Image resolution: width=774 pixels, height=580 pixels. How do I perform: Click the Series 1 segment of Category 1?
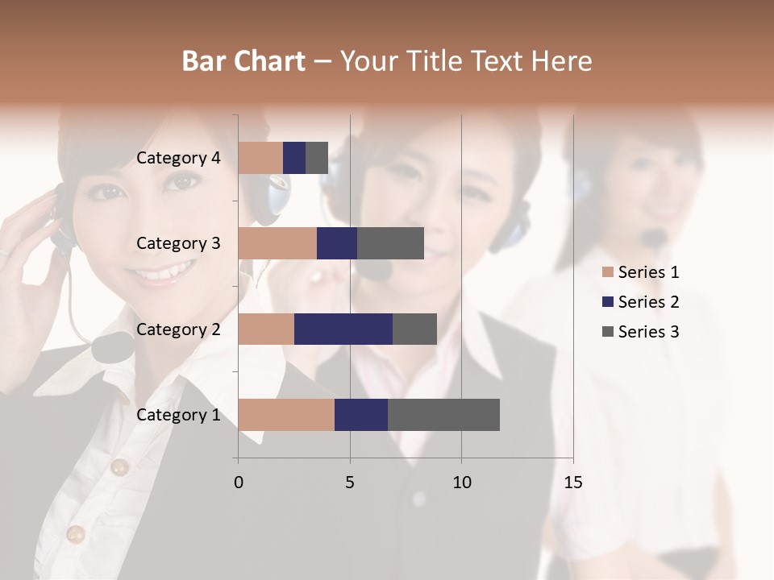(286, 415)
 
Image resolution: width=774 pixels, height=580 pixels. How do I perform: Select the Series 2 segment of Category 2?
(343, 329)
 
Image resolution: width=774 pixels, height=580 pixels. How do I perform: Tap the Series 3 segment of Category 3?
(390, 243)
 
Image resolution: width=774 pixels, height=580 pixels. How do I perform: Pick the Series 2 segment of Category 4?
(294, 158)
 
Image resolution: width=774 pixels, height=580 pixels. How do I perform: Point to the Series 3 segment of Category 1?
(443, 415)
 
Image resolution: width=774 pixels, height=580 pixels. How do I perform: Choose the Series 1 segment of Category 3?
(277, 243)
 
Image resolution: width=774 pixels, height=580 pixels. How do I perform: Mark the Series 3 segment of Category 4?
(317, 158)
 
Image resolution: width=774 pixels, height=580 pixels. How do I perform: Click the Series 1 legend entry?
(648, 272)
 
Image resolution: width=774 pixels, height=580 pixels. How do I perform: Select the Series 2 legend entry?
(648, 302)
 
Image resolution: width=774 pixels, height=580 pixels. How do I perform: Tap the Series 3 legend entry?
(648, 332)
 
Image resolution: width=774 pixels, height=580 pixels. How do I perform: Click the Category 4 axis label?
(178, 158)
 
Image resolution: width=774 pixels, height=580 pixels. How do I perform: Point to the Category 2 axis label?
(178, 329)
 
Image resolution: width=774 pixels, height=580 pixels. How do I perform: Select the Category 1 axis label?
(178, 415)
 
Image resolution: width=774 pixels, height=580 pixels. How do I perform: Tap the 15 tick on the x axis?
(572, 483)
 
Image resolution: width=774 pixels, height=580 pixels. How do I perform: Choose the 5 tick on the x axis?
(350, 483)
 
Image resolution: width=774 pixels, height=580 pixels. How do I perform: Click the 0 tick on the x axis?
(239, 483)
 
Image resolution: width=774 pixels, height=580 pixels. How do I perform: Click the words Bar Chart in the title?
(243, 60)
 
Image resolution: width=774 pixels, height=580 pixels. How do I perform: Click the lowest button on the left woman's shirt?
(76, 533)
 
